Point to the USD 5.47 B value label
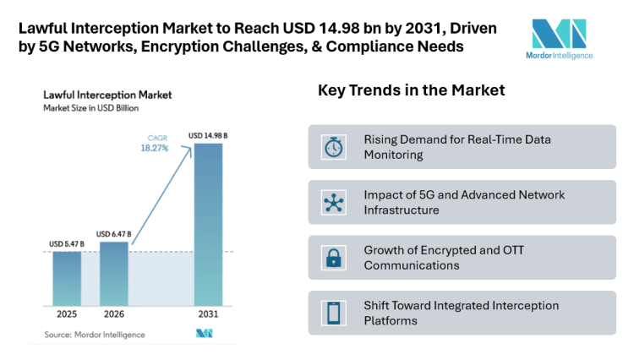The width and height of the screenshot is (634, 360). point(67,245)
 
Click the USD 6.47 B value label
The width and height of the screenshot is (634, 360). point(114,234)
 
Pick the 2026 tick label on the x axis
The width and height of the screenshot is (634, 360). point(114,314)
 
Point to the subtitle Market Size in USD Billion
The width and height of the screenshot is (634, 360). point(91,108)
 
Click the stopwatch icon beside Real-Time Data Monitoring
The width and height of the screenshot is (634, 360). point(334,147)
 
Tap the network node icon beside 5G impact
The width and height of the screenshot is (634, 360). point(334,202)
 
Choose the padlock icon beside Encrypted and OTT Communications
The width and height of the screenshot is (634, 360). point(334,258)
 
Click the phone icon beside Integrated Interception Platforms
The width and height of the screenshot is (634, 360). point(334,313)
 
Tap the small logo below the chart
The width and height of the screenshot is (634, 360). point(205,335)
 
